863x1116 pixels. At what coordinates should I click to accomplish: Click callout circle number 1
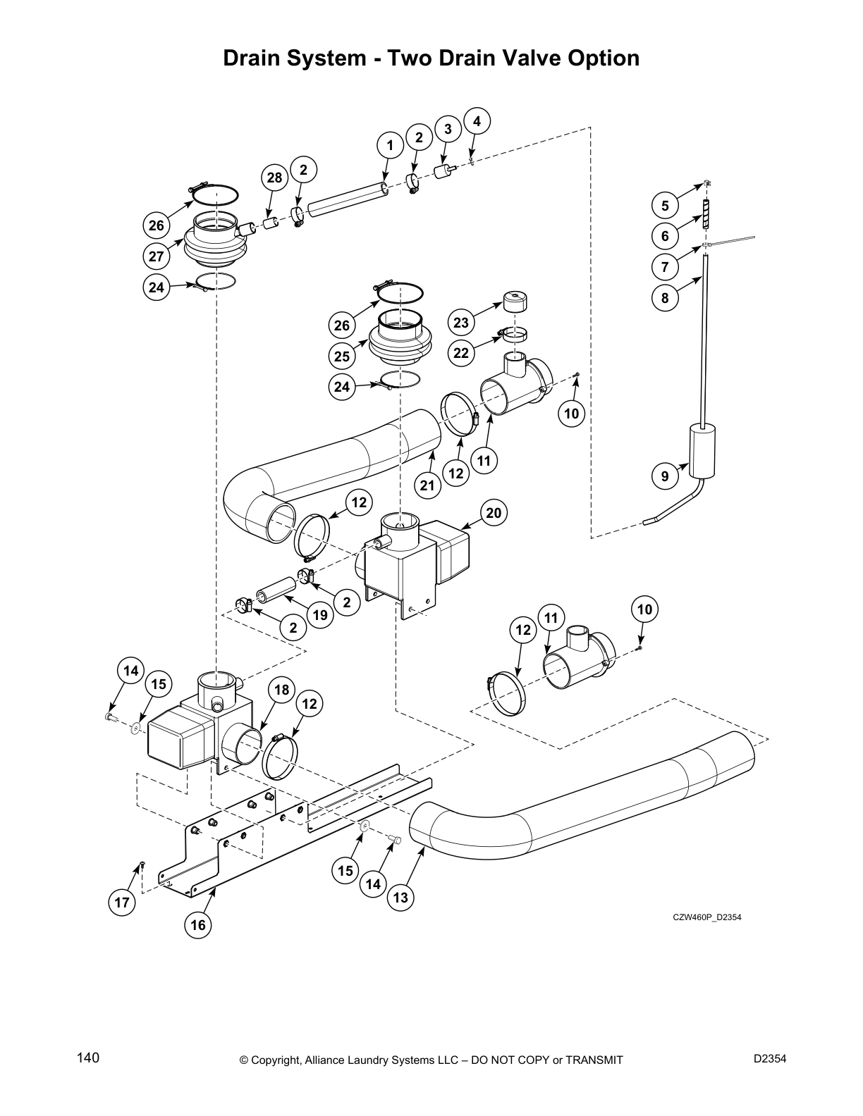click(389, 146)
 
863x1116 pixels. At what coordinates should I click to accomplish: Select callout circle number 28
click(275, 178)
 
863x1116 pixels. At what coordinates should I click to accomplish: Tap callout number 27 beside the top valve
click(157, 256)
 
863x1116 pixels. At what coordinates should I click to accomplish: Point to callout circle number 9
click(665, 477)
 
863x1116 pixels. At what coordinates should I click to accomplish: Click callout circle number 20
click(494, 513)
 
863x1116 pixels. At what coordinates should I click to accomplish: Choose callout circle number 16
click(198, 924)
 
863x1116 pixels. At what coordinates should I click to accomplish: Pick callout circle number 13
click(400, 898)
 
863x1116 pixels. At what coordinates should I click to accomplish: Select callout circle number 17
click(123, 903)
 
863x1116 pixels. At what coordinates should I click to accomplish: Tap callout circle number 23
click(461, 323)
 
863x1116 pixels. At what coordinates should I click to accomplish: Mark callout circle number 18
click(282, 690)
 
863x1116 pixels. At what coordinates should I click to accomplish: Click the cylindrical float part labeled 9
click(701, 449)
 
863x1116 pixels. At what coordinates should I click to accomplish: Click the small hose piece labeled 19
click(276, 587)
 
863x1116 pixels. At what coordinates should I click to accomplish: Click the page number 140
click(89, 1058)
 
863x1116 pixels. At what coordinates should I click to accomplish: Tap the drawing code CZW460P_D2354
click(706, 917)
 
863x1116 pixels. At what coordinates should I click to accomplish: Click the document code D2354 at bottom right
click(770, 1058)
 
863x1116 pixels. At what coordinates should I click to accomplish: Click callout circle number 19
click(320, 615)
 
